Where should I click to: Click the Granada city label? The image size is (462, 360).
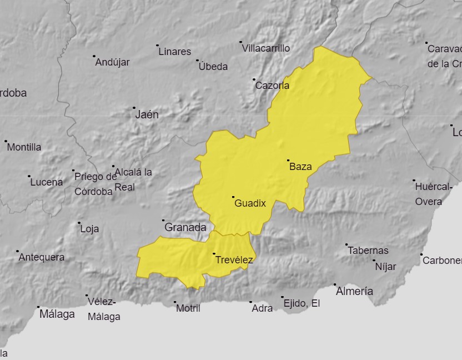[185, 227]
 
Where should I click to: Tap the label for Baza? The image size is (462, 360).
[301, 167]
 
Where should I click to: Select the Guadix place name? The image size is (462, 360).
[250, 203]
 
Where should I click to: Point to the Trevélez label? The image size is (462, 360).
[234, 260]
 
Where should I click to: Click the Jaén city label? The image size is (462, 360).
[147, 115]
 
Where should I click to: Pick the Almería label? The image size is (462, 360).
[355, 291]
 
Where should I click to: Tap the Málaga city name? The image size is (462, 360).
[57, 314]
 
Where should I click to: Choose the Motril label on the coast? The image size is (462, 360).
[188, 308]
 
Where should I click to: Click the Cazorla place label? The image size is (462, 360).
[272, 86]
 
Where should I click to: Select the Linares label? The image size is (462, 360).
[175, 52]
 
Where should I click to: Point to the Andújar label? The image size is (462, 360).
[113, 62]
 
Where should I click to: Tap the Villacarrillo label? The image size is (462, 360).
[266, 48]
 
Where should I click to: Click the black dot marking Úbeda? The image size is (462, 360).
[197, 60]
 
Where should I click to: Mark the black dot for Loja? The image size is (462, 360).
[79, 223]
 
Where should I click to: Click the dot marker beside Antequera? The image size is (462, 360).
[17, 251]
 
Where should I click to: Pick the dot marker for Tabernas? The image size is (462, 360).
[346, 244]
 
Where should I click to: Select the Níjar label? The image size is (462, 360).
[386, 267]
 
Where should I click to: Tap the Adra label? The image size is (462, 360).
[262, 308]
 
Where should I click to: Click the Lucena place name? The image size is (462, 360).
[47, 182]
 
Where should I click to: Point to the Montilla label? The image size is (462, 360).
[24, 147]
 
